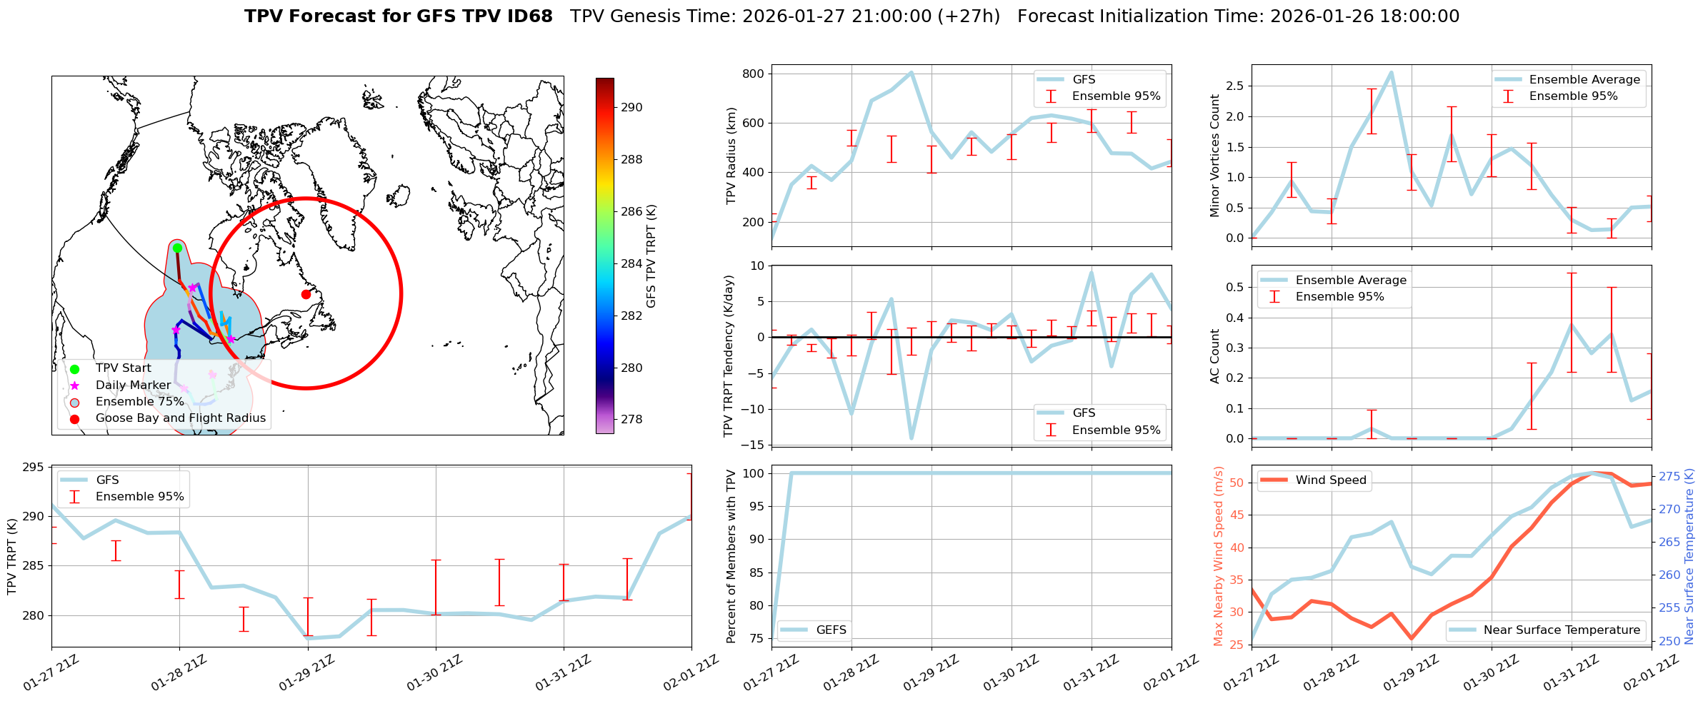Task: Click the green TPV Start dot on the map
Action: coord(177,248)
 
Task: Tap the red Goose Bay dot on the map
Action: coord(306,294)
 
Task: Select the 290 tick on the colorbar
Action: coord(631,108)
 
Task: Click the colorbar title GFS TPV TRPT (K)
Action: coord(651,256)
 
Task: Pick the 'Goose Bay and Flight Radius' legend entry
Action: coord(180,418)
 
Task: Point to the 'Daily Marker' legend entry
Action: coord(133,385)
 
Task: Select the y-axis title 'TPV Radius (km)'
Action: coord(731,156)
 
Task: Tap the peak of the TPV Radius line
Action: coord(911,72)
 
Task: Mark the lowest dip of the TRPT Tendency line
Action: coord(912,438)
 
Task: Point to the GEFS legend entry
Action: coord(831,630)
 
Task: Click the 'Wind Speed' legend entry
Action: coord(1330,480)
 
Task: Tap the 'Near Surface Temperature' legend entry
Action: coord(1562,630)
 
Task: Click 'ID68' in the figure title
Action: coord(530,16)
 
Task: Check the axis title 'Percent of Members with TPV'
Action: coord(731,556)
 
